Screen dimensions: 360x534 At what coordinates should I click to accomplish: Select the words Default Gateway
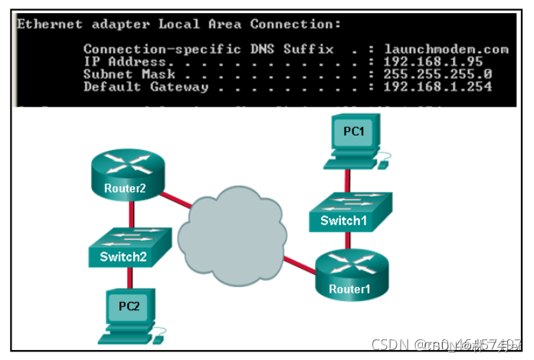(145, 87)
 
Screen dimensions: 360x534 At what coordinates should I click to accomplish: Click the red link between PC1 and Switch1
(349, 179)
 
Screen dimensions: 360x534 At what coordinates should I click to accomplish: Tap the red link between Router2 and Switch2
(127, 214)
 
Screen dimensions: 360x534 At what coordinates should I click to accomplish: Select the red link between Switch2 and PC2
(126, 277)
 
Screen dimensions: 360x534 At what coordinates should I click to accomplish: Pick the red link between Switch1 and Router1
(349, 240)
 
